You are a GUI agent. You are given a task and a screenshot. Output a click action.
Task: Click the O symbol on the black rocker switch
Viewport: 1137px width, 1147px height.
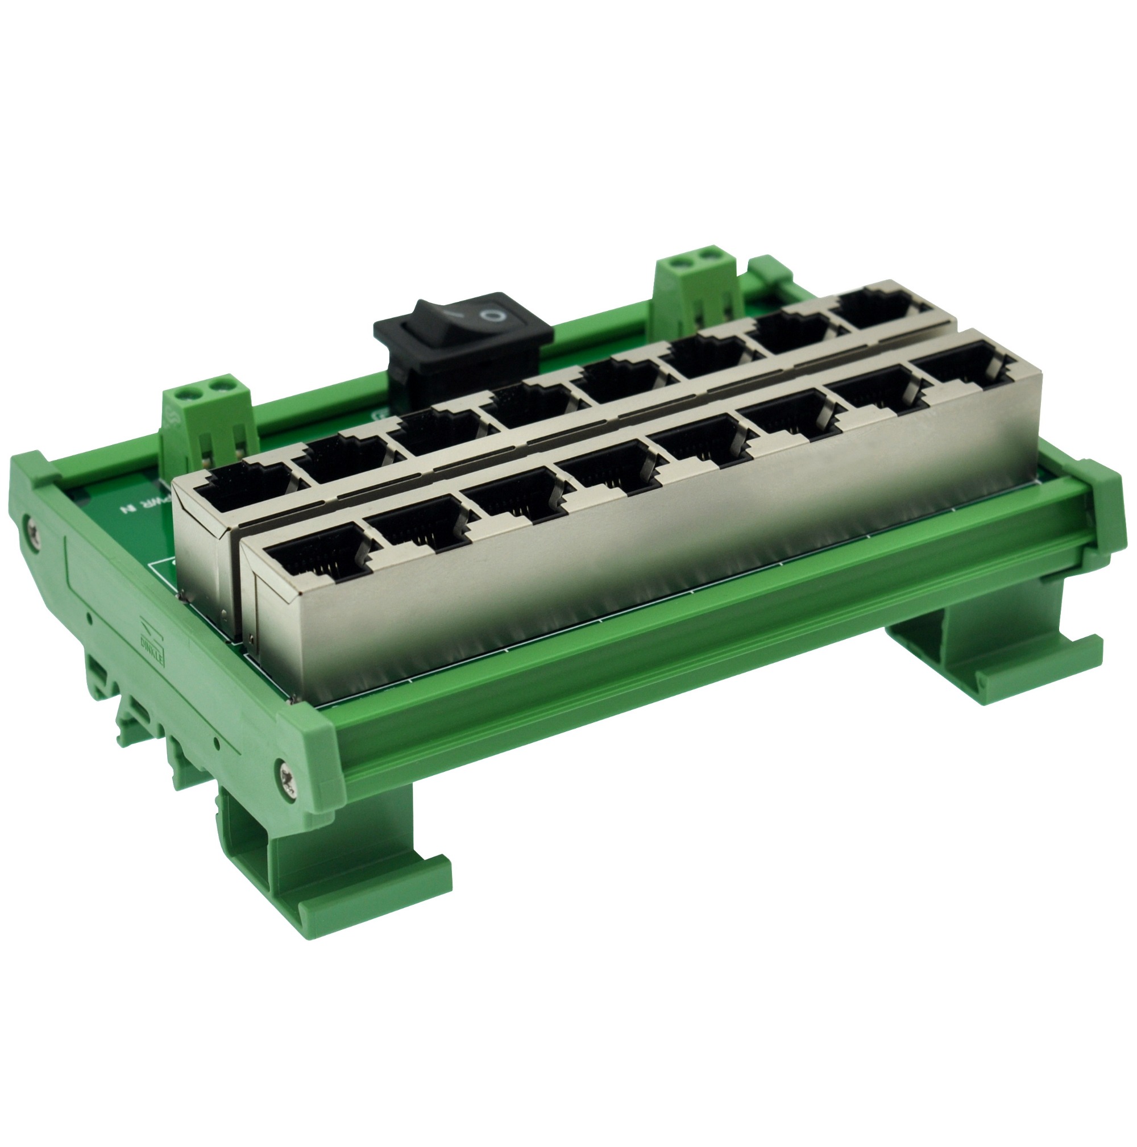pos(492,315)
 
